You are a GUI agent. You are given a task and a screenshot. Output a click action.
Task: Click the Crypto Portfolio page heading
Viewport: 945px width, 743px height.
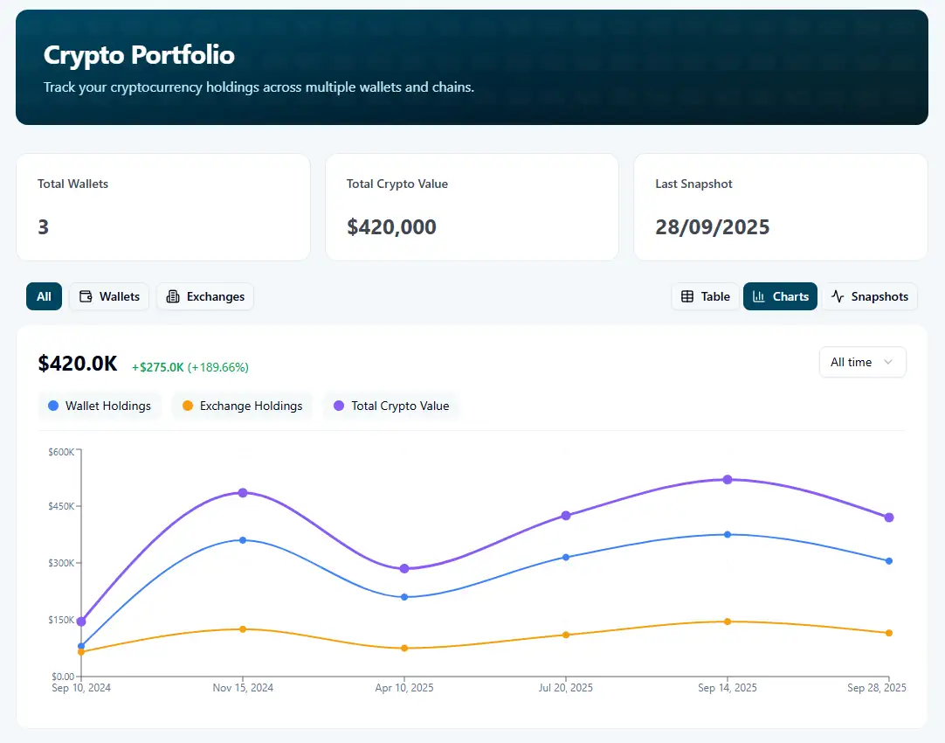click(x=139, y=55)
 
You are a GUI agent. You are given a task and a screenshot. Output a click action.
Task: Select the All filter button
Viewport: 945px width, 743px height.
click(x=44, y=296)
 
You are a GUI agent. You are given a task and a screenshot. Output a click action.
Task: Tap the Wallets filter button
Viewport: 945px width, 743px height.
click(x=109, y=296)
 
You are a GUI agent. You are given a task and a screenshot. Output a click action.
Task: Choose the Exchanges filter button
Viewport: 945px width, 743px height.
click(x=205, y=296)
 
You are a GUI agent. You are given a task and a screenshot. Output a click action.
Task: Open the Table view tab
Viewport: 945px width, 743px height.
click(x=705, y=296)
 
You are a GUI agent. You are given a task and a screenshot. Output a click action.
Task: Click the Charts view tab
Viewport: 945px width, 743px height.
click(x=780, y=296)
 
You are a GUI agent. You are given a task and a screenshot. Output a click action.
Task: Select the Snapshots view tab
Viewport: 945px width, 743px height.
click(x=869, y=296)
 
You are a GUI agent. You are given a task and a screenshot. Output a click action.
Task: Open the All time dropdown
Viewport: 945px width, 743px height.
click(x=862, y=362)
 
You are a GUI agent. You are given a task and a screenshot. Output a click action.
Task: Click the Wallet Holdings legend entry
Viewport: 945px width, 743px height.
click(x=100, y=406)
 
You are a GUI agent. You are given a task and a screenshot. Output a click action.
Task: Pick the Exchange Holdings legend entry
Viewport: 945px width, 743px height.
click(x=242, y=406)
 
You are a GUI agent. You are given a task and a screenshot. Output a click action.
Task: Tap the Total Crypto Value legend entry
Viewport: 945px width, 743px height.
click(x=391, y=406)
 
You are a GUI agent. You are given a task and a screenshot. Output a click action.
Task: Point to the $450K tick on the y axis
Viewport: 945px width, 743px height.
click(x=63, y=506)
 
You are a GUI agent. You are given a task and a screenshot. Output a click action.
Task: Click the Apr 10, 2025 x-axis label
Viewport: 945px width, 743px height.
click(x=404, y=688)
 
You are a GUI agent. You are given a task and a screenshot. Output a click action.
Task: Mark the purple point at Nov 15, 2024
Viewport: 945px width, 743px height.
click(x=243, y=493)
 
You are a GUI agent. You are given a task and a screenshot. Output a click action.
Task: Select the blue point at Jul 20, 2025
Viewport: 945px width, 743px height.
click(x=566, y=557)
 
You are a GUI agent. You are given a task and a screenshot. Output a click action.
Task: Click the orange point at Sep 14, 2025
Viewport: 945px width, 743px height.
click(x=727, y=621)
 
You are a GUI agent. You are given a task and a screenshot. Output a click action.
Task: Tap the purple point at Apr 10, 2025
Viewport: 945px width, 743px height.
click(x=404, y=569)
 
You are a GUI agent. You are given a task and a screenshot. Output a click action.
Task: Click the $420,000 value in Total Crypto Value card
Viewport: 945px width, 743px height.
click(x=391, y=227)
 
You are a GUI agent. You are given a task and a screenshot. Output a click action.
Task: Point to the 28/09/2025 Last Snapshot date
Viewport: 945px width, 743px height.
click(x=712, y=227)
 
